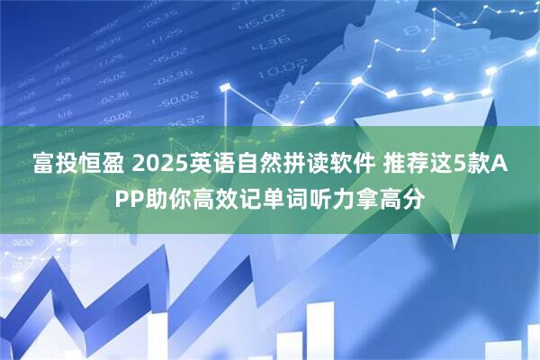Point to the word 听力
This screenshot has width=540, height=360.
[x=355, y=197]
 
